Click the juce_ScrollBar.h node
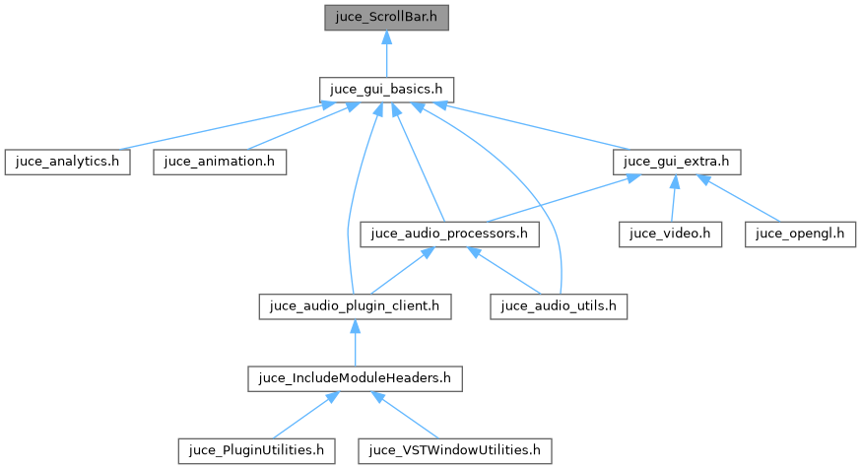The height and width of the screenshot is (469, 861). coord(387,17)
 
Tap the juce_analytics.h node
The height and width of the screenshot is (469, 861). coord(66,162)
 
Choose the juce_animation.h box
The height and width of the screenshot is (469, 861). coord(220,162)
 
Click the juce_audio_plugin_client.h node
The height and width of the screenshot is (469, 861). coord(355,305)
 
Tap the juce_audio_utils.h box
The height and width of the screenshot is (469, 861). coord(559,305)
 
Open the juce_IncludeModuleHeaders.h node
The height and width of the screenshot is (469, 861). coord(355,377)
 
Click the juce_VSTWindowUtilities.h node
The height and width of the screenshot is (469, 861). coord(455,450)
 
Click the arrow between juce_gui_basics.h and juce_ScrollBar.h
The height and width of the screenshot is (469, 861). coord(387,53)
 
